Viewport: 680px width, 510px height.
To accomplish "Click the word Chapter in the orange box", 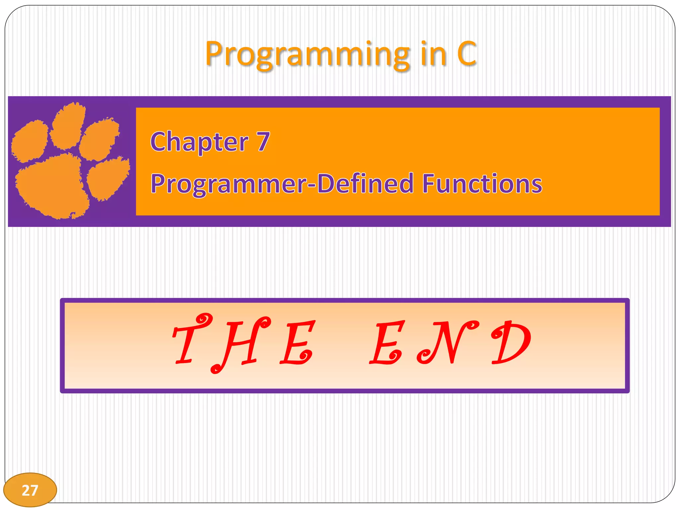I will [x=199, y=142].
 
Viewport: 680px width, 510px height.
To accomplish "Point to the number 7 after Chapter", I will [x=263, y=142].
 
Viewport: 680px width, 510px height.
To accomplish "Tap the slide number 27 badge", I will [x=30, y=490].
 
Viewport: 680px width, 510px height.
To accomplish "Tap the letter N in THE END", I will [x=447, y=342].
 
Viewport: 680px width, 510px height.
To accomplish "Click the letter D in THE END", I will [x=511, y=342].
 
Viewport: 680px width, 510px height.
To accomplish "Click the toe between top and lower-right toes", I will [x=99, y=139].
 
